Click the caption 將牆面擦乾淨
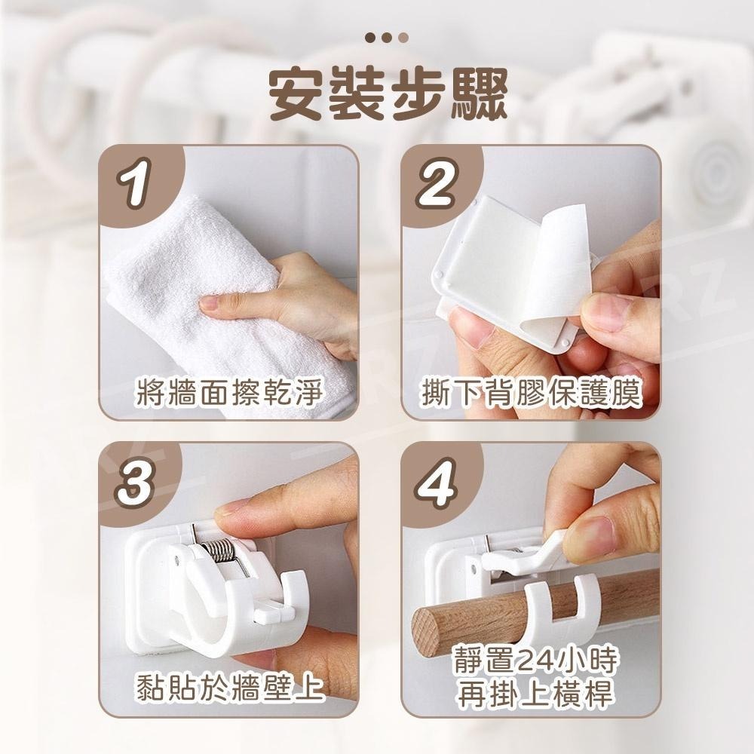pyautogui.click(x=228, y=393)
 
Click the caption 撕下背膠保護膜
pyautogui.click(x=531, y=393)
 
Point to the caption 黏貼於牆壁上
pyautogui.click(x=228, y=686)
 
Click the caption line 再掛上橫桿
pyautogui.click(x=535, y=695)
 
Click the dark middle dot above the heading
pyautogui.click(x=386, y=37)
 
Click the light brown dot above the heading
pyautogui.click(x=403, y=37)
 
